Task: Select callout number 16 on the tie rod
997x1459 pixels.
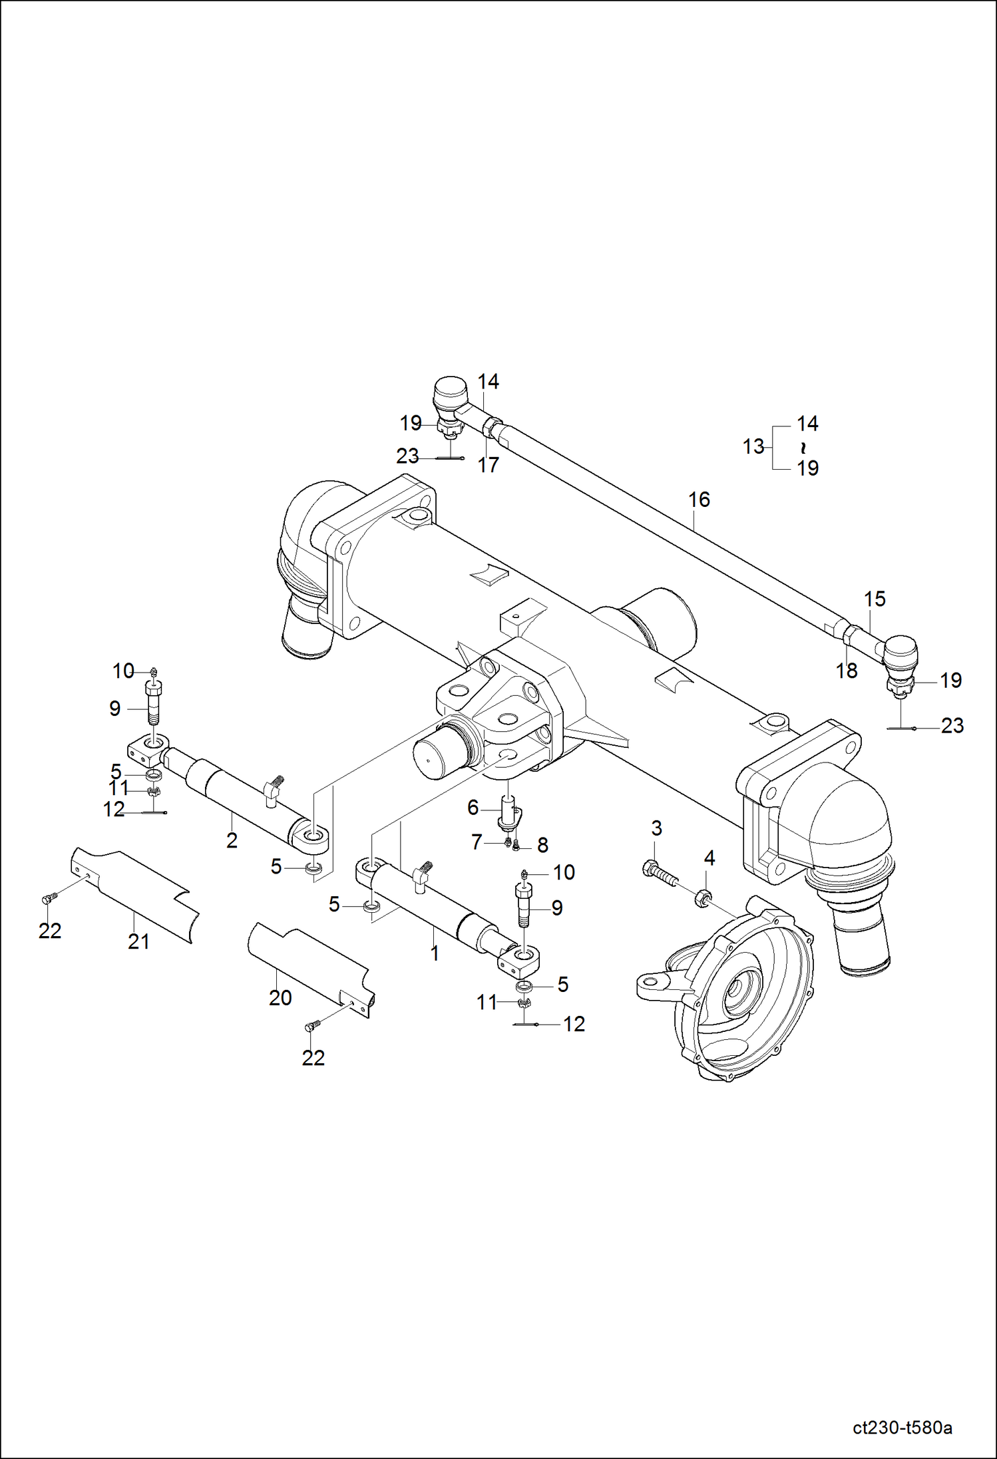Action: tap(699, 499)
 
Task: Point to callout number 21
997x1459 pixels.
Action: tap(138, 941)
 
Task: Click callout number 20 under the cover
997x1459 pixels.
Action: tap(280, 997)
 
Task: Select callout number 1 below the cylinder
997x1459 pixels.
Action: tap(435, 953)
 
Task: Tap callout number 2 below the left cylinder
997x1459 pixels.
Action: tap(232, 840)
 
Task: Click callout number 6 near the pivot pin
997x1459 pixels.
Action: tap(473, 808)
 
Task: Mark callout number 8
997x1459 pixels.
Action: tap(542, 845)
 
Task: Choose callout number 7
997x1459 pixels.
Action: tap(477, 842)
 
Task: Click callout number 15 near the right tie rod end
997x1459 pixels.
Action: tap(875, 599)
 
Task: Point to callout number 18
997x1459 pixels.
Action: tap(847, 671)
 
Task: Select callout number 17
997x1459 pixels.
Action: tap(488, 465)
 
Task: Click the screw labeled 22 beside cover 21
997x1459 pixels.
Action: tap(47, 899)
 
